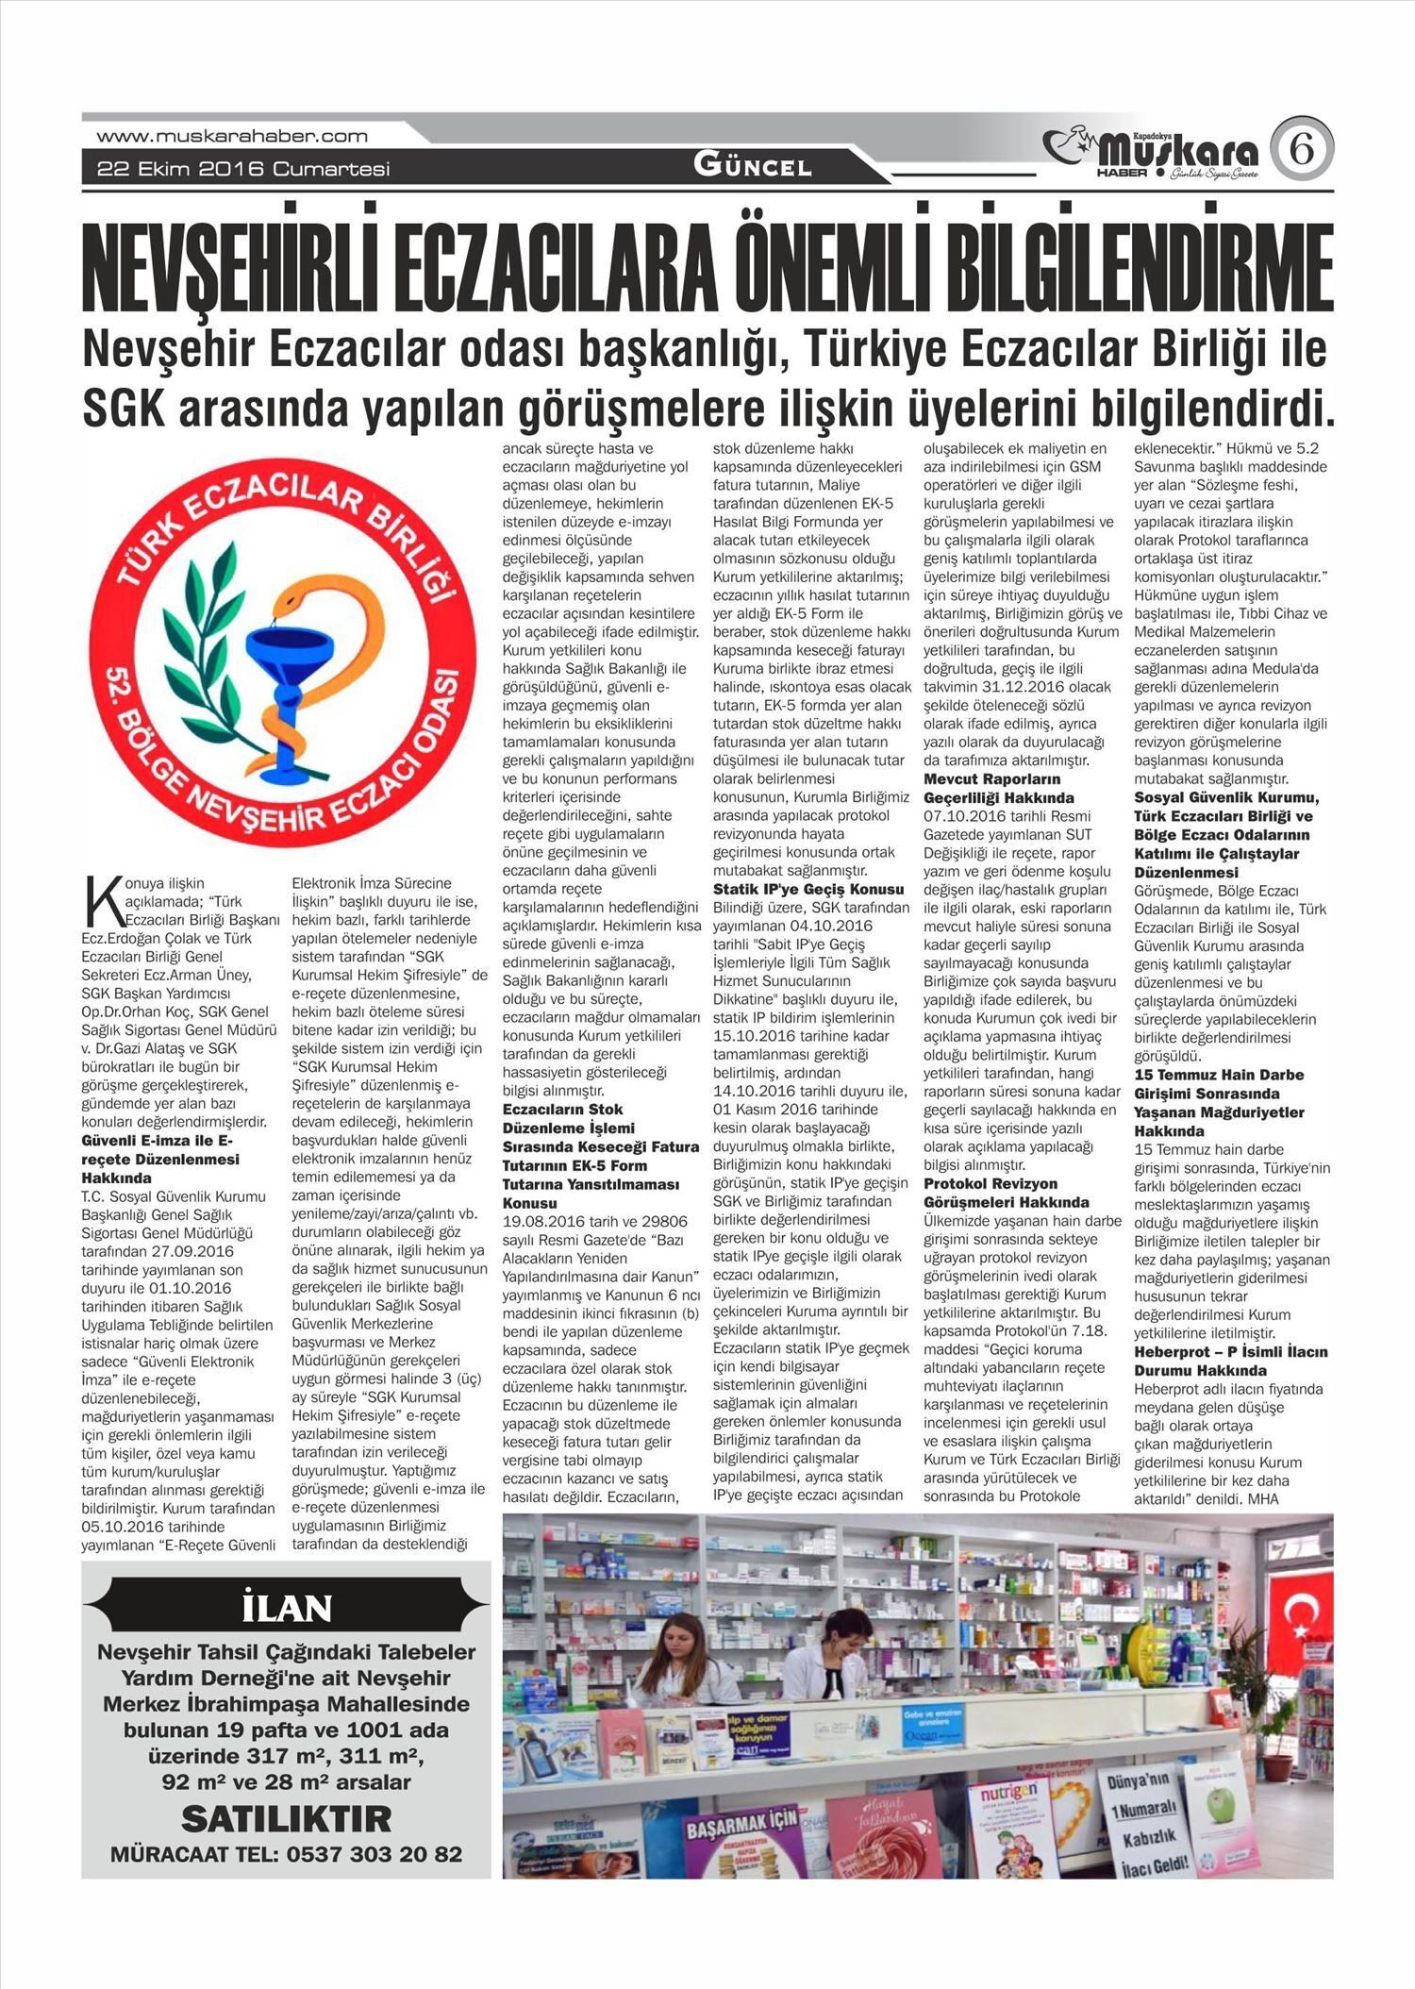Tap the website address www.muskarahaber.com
tap(232, 136)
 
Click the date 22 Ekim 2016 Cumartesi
tap(243, 170)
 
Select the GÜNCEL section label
tap(752, 167)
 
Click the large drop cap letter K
tap(99, 901)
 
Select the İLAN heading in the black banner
tap(287, 1607)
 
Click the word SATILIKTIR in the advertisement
tap(286, 1817)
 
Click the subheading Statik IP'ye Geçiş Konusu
tap(808, 889)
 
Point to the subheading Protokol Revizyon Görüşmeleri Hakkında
tap(1006, 1193)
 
